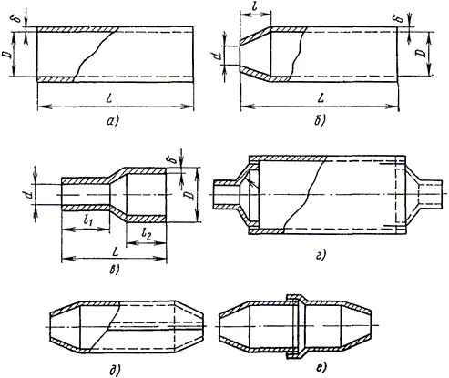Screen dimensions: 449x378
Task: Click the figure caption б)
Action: click(320, 121)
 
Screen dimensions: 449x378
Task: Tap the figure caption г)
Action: click(321, 255)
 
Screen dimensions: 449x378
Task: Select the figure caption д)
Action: click(115, 369)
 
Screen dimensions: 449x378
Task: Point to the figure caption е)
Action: click(321, 368)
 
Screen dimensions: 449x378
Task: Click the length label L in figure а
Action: click(110, 99)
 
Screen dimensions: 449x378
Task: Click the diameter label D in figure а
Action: click(6, 55)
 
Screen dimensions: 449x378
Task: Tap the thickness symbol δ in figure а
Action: click(18, 19)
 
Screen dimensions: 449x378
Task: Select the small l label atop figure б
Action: click(255, 6)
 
